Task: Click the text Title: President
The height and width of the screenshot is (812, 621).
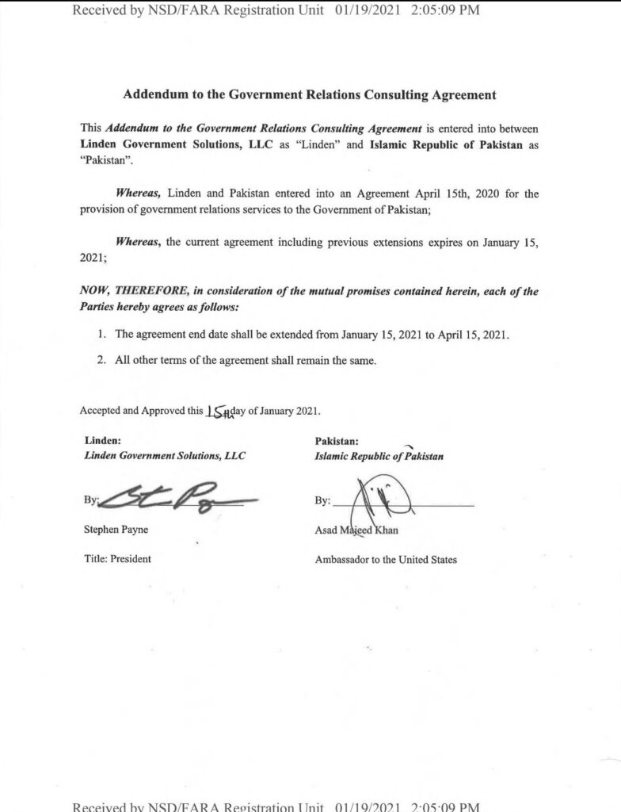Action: click(x=118, y=558)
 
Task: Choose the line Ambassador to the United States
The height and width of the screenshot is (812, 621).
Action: click(x=386, y=559)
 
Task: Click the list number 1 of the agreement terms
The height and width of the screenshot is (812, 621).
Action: click(x=101, y=335)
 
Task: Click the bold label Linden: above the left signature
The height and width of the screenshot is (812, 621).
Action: click(x=102, y=441)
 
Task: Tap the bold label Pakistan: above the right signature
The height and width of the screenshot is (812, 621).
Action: click(x=337, y=441)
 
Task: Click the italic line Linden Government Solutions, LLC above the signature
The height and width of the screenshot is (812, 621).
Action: click(x=165, y=456)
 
